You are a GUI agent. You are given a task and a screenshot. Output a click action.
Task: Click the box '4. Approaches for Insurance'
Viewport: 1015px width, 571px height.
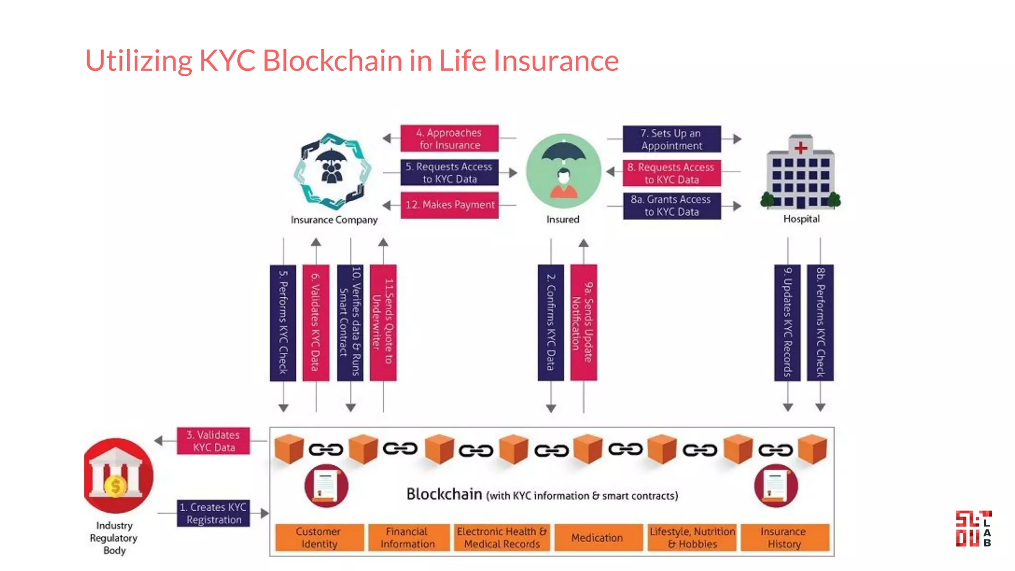click(x=450, y=138)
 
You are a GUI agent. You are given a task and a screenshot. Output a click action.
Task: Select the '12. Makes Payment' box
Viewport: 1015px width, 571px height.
click(x=450, y=205)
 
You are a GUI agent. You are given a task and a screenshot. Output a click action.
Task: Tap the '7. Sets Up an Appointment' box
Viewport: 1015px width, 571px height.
click(x=672, y=139)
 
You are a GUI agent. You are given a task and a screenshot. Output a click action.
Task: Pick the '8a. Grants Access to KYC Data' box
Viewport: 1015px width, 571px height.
click(x=672, y=206)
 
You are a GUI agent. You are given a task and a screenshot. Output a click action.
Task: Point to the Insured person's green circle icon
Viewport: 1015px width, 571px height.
click(x=564, y=171)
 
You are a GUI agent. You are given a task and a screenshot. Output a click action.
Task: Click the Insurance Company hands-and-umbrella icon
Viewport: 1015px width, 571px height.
click(x=333, y=171)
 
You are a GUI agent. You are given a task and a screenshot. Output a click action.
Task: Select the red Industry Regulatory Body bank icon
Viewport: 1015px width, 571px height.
click(x=118, y=475)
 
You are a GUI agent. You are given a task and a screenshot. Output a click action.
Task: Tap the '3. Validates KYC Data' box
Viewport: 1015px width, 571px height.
click(x=213, y=441)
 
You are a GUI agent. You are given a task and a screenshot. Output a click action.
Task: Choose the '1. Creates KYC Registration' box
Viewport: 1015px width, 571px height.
click(x=213, y=514)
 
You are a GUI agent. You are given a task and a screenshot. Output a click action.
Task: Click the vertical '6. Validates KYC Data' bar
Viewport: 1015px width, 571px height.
click(x=316, y=323)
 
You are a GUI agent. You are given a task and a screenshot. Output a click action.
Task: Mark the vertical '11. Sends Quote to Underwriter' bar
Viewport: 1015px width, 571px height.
click(x=383, y=323)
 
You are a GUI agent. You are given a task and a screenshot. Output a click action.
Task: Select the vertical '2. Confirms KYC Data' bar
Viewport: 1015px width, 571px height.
click(x=551, y=323)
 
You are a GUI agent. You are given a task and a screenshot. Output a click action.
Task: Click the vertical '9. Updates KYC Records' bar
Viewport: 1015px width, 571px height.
click(x=787, y=323)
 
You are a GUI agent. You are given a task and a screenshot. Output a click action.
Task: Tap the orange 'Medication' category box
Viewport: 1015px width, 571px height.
click(x=597, y=538)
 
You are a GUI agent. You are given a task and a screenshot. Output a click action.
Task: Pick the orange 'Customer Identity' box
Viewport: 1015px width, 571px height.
click(x=319, y=538)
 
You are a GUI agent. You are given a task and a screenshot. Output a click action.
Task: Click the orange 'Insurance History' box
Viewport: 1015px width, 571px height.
click(x=784, y=538)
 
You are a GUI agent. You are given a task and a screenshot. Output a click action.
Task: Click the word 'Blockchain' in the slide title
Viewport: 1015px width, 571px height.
click(x=332, y=60)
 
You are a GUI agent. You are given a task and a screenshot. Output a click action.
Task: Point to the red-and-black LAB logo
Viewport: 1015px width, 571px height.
click(x=973, y=529)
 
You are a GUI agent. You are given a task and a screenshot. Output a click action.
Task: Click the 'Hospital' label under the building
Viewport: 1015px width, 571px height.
click(x=801, y=219)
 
